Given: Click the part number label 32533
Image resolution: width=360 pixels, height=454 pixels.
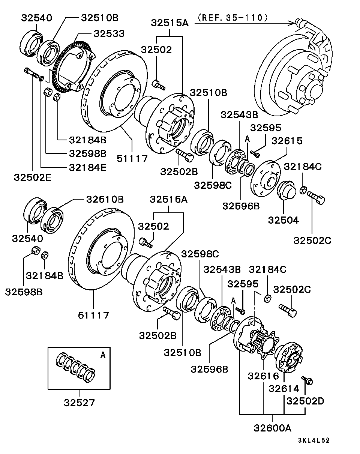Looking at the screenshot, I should coord(109,33).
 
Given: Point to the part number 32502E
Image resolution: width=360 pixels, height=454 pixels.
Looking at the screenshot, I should coord(33,176).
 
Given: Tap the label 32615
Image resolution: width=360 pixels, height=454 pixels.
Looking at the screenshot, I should coord(287,141).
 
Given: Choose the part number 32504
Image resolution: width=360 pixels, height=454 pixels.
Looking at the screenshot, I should coord(283,220).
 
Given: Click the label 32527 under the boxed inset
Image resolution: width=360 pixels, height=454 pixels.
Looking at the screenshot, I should coord(79,403).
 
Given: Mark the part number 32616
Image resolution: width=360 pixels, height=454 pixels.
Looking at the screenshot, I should coord(263,376).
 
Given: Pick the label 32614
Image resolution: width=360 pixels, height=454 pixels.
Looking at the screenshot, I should coord(284,389).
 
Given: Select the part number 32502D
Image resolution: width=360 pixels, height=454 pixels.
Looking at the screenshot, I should coord(305,401).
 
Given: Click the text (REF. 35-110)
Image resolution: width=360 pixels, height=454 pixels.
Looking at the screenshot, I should coord(232,17).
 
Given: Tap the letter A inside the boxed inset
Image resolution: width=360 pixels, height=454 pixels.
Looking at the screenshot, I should coord(103,355).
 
